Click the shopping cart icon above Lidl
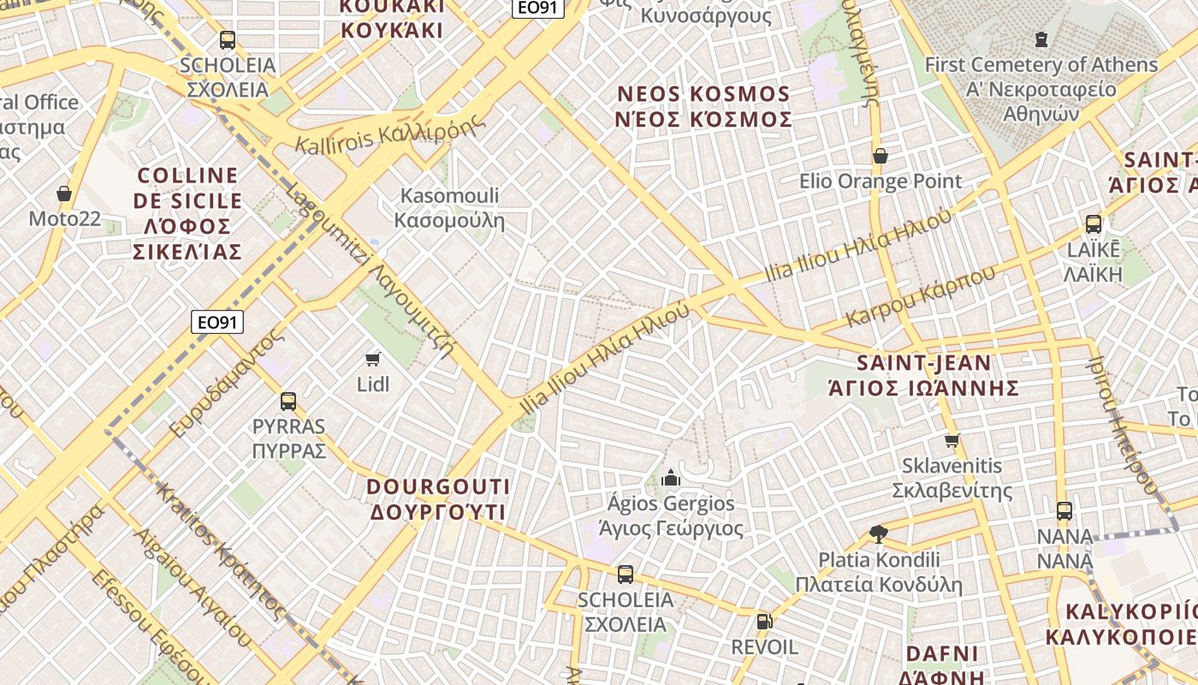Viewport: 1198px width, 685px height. [x=372, y=359]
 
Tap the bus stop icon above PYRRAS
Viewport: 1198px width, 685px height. [x=288, y=401]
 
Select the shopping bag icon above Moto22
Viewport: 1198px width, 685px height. [x=64, y=194]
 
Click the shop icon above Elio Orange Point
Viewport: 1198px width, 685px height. [x=880, y=156]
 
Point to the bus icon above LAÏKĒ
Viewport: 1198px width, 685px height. [x=1094, y=224]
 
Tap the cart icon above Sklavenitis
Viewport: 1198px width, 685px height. [x=952, y=441]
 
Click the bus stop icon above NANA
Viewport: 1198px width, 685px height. [x=1065, y=511]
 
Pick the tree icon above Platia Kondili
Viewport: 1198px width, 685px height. [x=878, y=534]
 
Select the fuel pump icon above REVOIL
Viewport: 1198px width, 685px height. [x=764, y=622]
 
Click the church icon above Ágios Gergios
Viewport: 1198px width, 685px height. [x=671, y=478]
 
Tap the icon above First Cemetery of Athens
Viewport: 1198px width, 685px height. [x=1041, y=39]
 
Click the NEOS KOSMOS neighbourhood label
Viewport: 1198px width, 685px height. [x=703, y=106]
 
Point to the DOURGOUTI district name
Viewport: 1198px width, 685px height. [x=438, y=499]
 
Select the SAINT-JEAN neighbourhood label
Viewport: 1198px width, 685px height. [x=923, y=375]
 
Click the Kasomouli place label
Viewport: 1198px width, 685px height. [x=449, y=208]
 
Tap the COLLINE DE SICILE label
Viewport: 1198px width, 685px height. [x=188, y=213]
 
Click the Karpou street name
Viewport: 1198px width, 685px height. [x=921, y=297]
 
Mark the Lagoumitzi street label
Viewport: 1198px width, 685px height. [x=370, y=270]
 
